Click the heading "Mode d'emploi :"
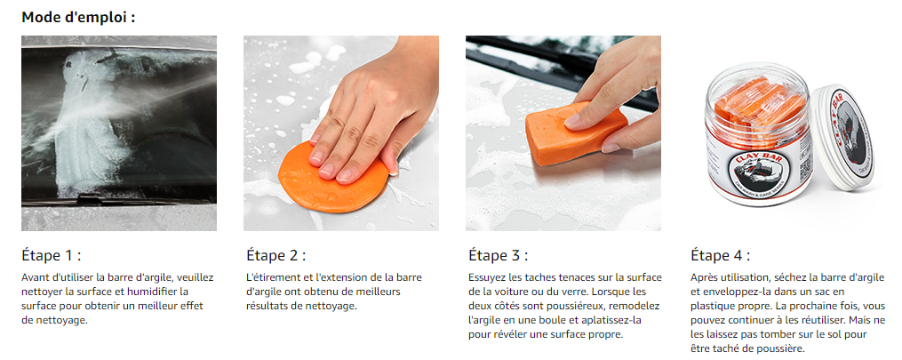point(78,17)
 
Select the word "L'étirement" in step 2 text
point(273,277)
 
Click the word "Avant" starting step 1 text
point(36,277)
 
